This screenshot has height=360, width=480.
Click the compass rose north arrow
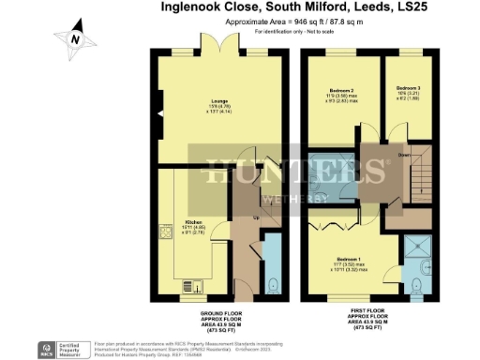coord(74,38)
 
